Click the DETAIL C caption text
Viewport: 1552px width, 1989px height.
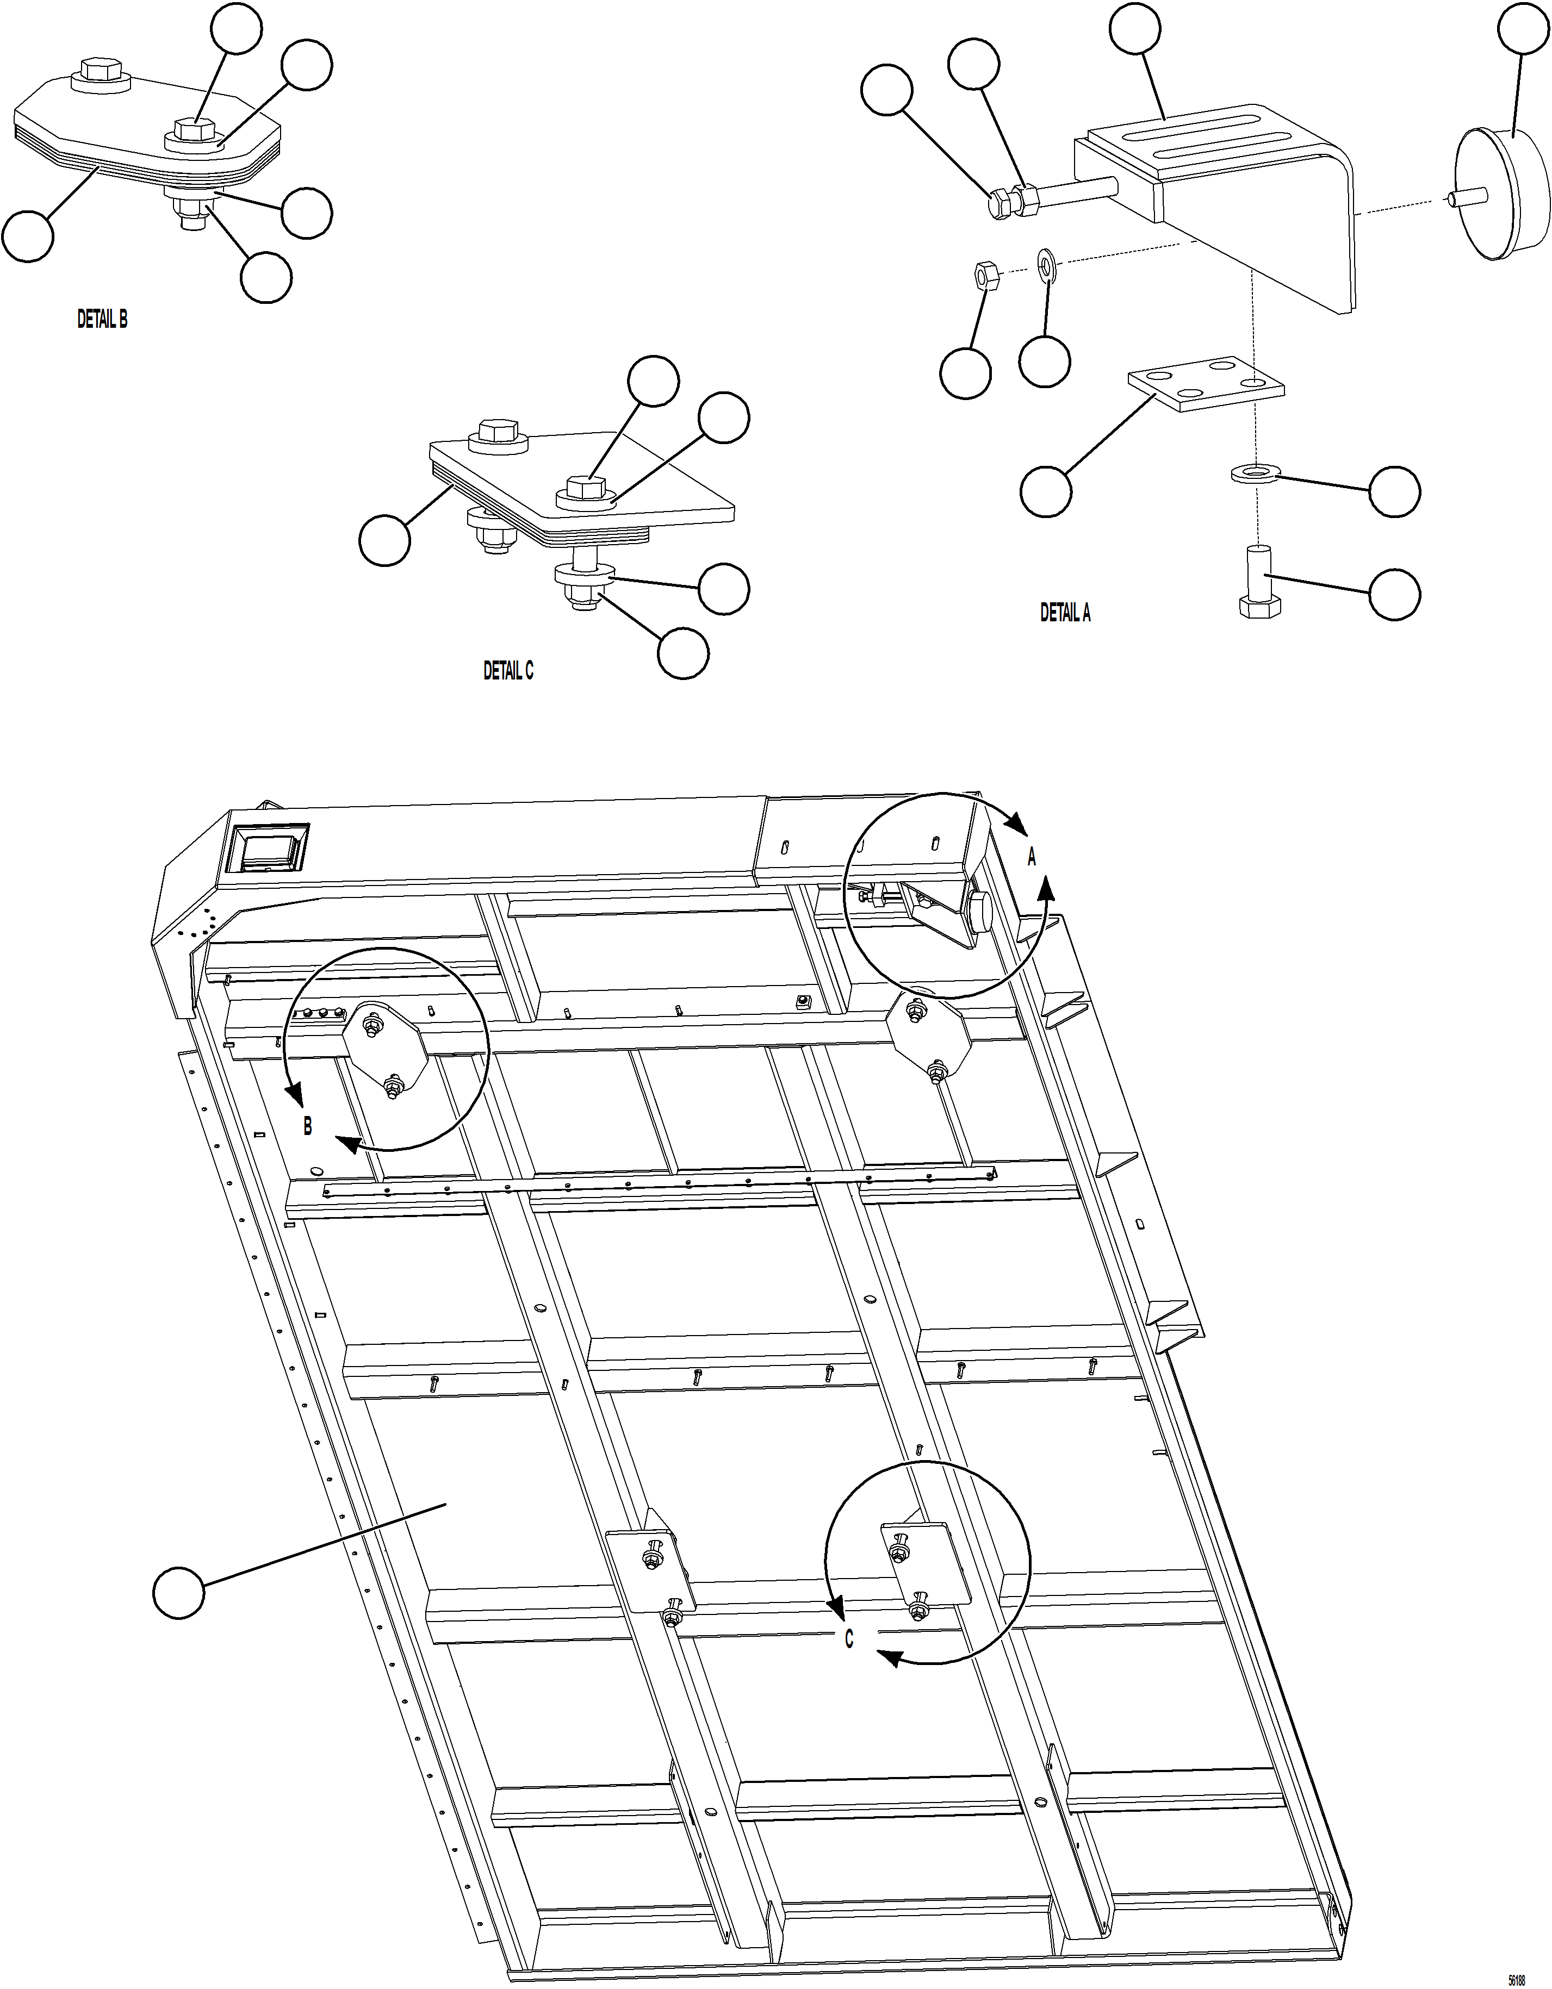click(508, 671)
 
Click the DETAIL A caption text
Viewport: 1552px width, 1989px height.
click(1065, 613)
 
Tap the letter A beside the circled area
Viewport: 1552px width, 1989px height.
click(1032, 857)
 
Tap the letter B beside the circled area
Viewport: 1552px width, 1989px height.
click(308, 1126)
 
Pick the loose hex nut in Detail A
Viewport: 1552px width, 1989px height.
click(985, 274)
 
